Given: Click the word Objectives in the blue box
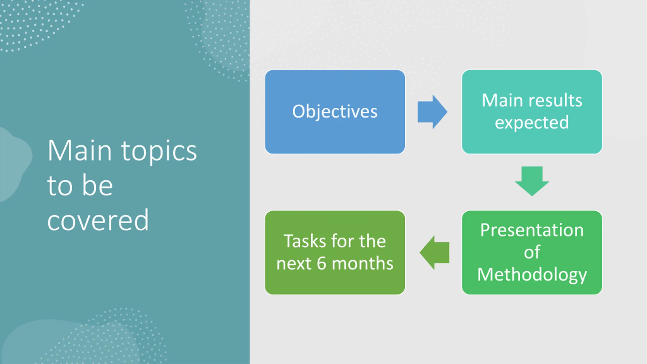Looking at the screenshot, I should click(335, 111).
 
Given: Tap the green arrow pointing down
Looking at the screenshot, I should click(532, 181).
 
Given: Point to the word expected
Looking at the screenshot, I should click(532, 123).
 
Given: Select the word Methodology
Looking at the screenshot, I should click(532, 275).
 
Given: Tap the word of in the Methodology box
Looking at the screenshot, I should click(532, 252).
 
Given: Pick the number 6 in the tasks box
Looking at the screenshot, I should click(321, 263).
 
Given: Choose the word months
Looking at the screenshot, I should click(362, 263).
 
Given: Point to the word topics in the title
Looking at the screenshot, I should click(159, 151).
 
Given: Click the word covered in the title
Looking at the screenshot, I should click(98, 220).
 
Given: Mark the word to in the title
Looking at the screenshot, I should click(60, 186).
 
